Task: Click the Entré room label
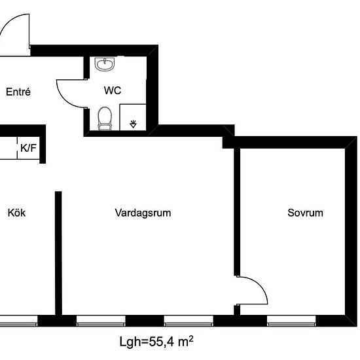(18, 92)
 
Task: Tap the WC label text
(113, 90)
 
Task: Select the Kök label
(16, 213)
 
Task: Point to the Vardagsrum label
(143, 213)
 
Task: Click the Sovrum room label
(306, 213)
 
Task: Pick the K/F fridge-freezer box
(28, 148)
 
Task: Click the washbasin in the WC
(105, 64)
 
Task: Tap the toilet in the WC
(105, 118)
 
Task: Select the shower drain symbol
(133, 124)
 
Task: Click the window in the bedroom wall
(291, 321)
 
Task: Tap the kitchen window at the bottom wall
(18, 321)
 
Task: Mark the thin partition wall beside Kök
(58, 253)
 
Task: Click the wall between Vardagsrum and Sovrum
(237, 211)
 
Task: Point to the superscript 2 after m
(191, 338)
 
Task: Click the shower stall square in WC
(133, 117)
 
